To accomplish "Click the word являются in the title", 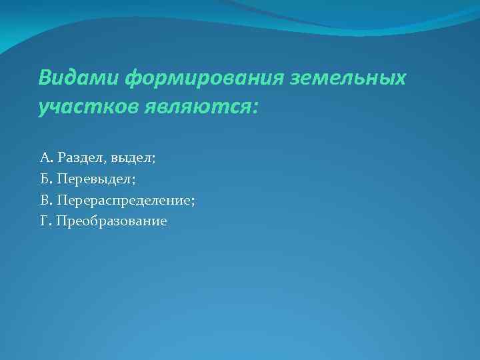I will coord(190,107).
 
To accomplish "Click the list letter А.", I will coord(45,158).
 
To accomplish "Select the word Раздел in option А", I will coord(77,158).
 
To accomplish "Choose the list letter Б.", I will coord(44,179).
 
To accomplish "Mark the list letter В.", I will coord(44,200).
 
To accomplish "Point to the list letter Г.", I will coord(44,221).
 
